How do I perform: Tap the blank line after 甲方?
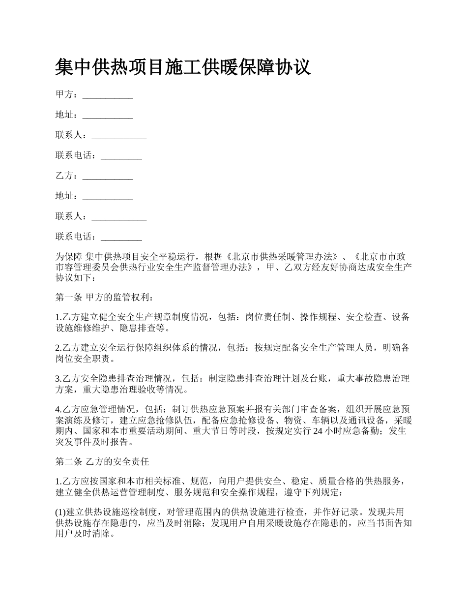[x=108, y=95]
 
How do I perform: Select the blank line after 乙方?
[x=108, y=176]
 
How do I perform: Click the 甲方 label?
[x=64, y=94]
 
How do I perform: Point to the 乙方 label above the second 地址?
[x=64, y=176]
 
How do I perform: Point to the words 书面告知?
[x=384, y=523]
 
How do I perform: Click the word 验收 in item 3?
[x=137, y=390]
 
